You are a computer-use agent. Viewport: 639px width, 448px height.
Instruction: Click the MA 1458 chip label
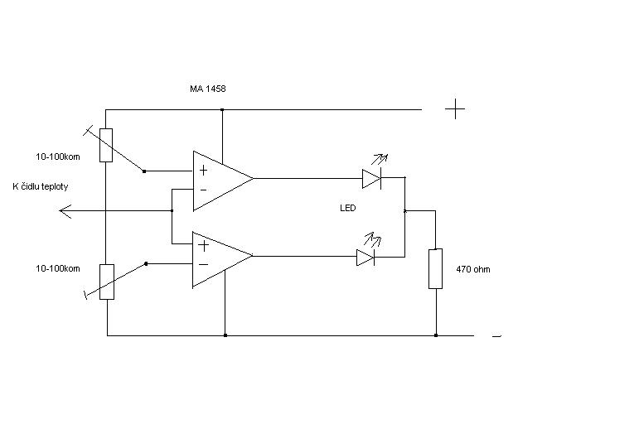(207, 89)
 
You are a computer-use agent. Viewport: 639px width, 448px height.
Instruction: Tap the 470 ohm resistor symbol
(435, 269)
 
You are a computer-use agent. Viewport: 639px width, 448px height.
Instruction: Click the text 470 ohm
(473, 269)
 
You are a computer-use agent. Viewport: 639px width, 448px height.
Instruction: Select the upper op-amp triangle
(222, 181)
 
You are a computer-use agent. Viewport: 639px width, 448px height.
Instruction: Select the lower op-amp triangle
(222, 259)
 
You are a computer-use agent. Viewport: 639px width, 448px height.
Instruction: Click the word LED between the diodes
(348, 208)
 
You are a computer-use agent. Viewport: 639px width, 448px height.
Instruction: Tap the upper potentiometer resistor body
(106, 146)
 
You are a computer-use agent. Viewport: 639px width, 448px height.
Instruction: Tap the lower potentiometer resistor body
(107, 282)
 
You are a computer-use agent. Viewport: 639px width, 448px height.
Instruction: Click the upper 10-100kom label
(58, 157)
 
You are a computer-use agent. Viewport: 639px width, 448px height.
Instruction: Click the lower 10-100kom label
(58, 268)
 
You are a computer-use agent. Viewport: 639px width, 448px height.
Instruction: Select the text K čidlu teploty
(41, 186)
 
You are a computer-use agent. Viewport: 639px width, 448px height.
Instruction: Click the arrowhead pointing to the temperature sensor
(65, 210)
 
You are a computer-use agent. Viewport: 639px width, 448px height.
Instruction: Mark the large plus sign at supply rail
(455, 108)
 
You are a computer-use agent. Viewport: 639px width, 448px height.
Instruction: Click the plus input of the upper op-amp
(203, 171)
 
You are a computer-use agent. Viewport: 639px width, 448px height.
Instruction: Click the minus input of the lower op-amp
(203, 264)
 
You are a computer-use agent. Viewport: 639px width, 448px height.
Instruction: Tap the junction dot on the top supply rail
(222, 109)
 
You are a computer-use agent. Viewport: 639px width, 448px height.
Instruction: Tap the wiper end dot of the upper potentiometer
(144, 171)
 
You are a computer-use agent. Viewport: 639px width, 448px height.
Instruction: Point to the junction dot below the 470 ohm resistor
(436, 335)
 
